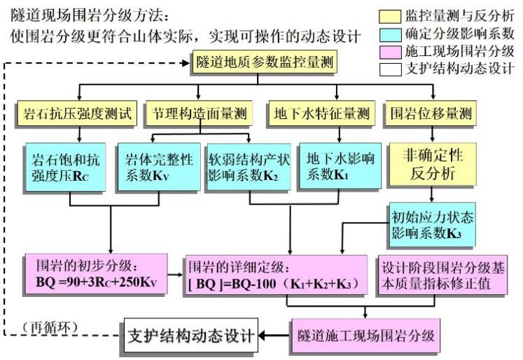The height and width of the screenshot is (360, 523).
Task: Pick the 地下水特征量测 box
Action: pos(319,113)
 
